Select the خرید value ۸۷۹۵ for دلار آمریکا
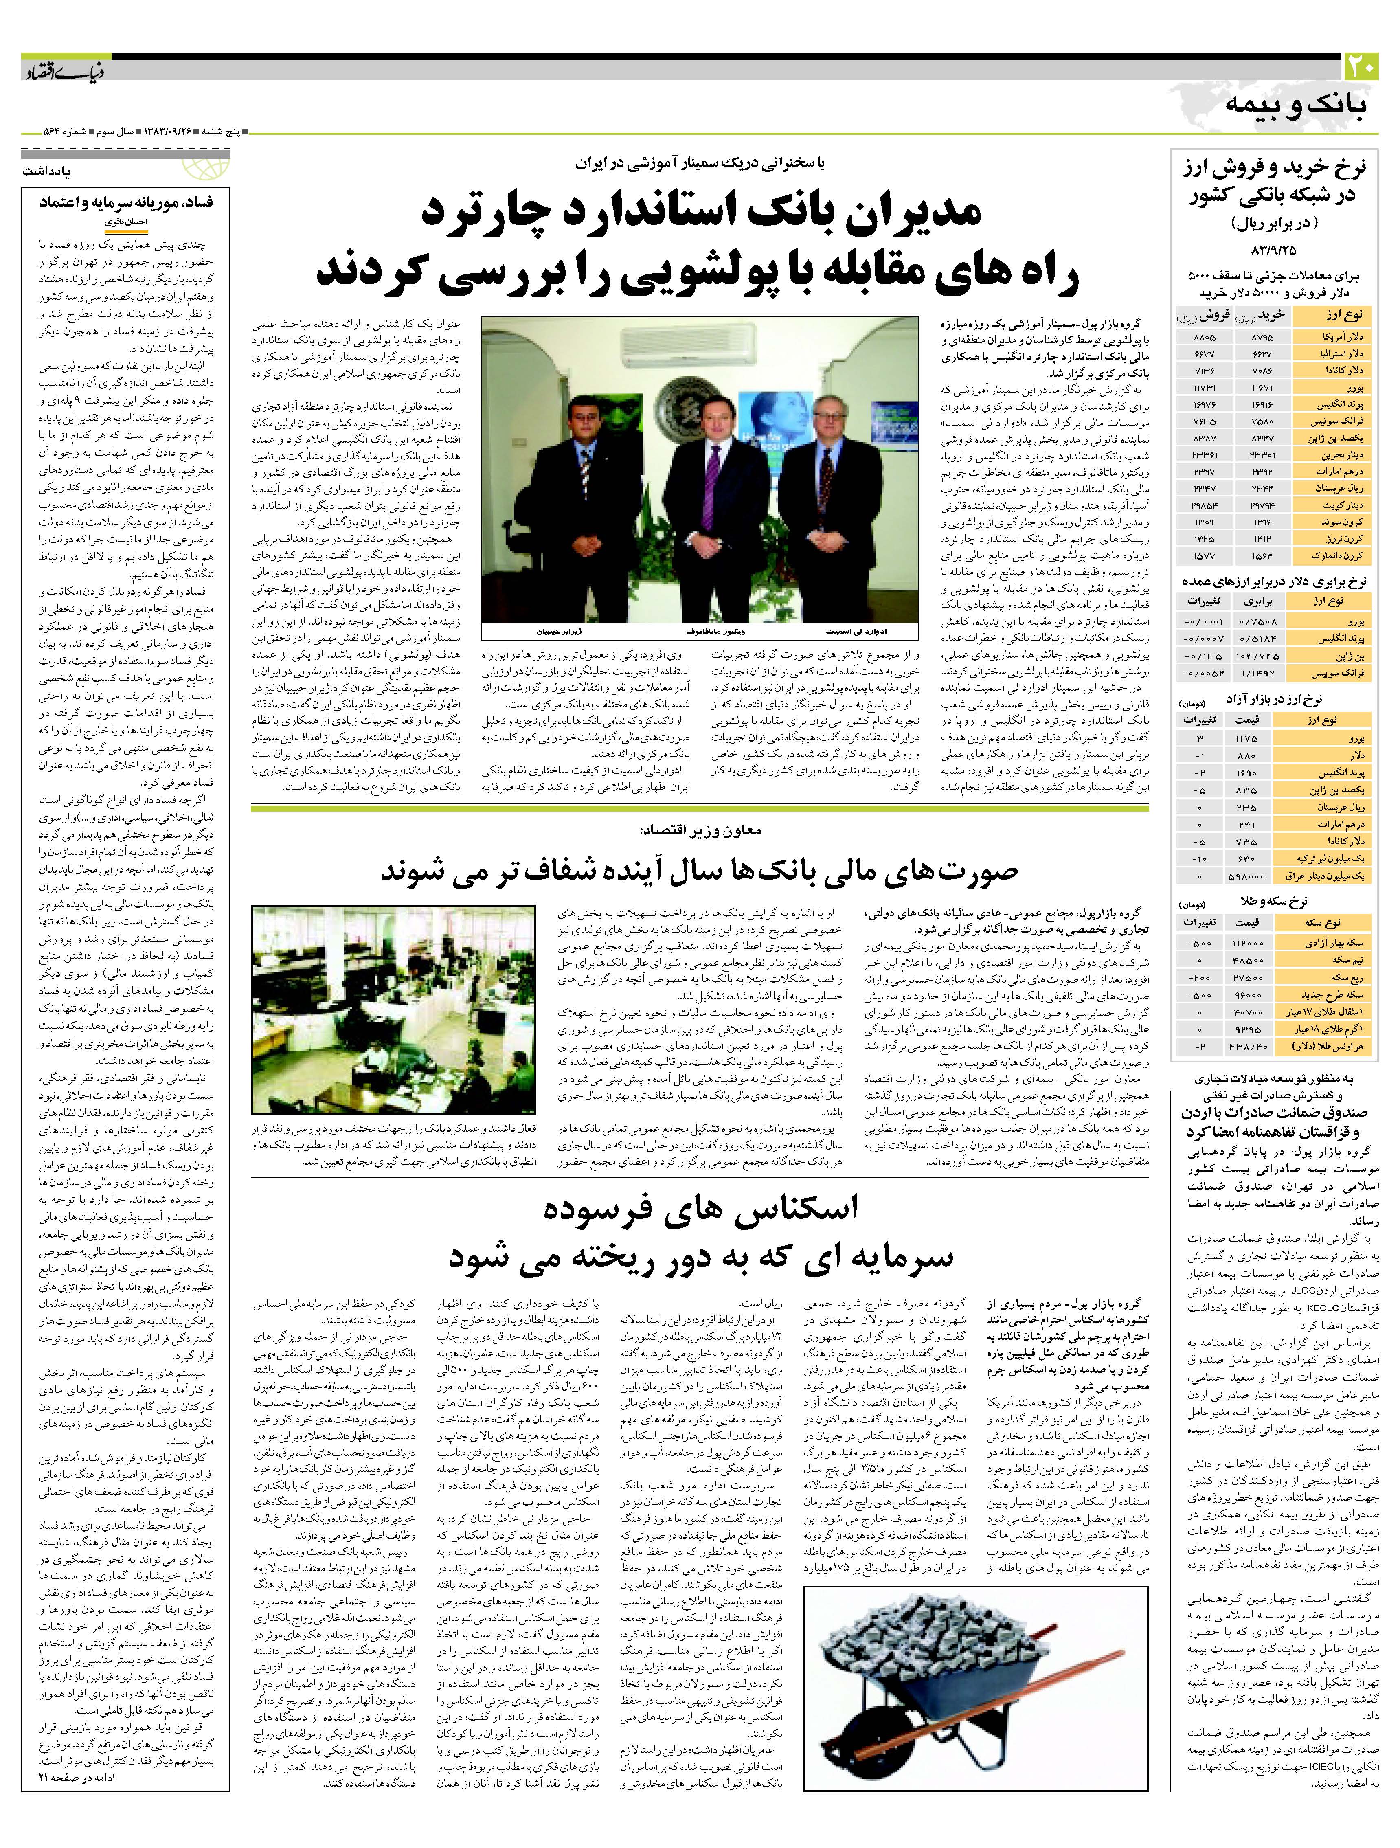[x=1262, y=337]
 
